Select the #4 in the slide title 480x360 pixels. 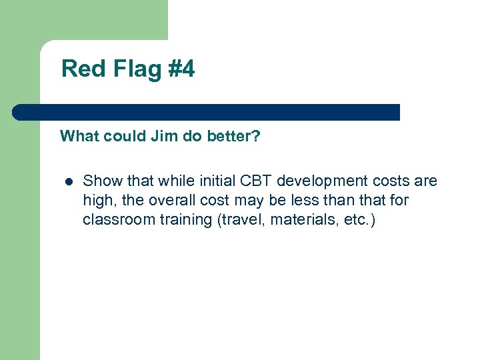pos(181,69)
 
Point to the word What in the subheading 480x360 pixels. pos(78,137)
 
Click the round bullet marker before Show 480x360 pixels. pos(67,181)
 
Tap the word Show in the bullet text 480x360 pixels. pos(99,181)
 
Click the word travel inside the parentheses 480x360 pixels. pos(238,219)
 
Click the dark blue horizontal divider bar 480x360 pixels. pos(206,112)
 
